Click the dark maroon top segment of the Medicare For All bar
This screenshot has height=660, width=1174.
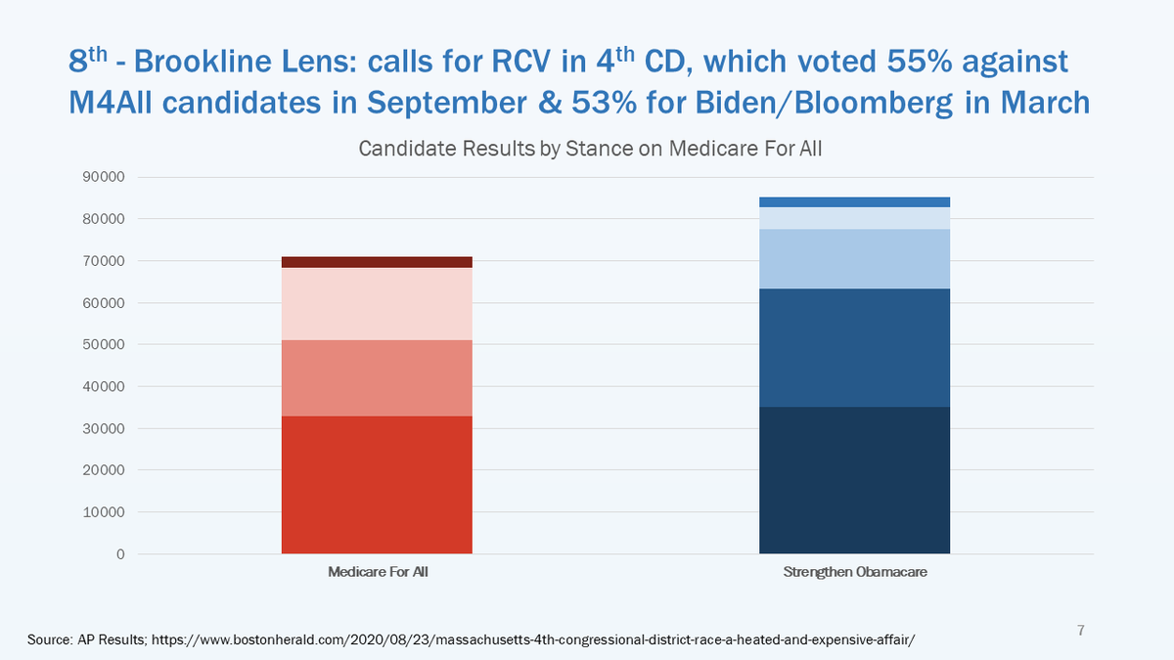click(377, 262)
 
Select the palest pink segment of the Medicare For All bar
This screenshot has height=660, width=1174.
click(377, 303)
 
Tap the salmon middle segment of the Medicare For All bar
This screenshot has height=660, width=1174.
click(377, 378)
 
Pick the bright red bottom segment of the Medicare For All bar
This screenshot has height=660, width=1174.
click(377, 485)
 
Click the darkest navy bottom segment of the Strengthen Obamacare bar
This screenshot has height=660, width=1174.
click(854, 480)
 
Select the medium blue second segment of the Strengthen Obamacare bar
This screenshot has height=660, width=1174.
click(854, 347)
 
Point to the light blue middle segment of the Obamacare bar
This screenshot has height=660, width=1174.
click(854, 258)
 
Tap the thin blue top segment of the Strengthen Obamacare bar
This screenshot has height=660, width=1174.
click(854, 201)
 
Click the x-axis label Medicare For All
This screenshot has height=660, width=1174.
click(378, 572)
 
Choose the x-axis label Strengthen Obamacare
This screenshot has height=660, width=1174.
click(854, 572)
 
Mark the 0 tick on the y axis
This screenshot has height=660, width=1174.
click(120, 554)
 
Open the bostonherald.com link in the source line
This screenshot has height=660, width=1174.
click(534, 638)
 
